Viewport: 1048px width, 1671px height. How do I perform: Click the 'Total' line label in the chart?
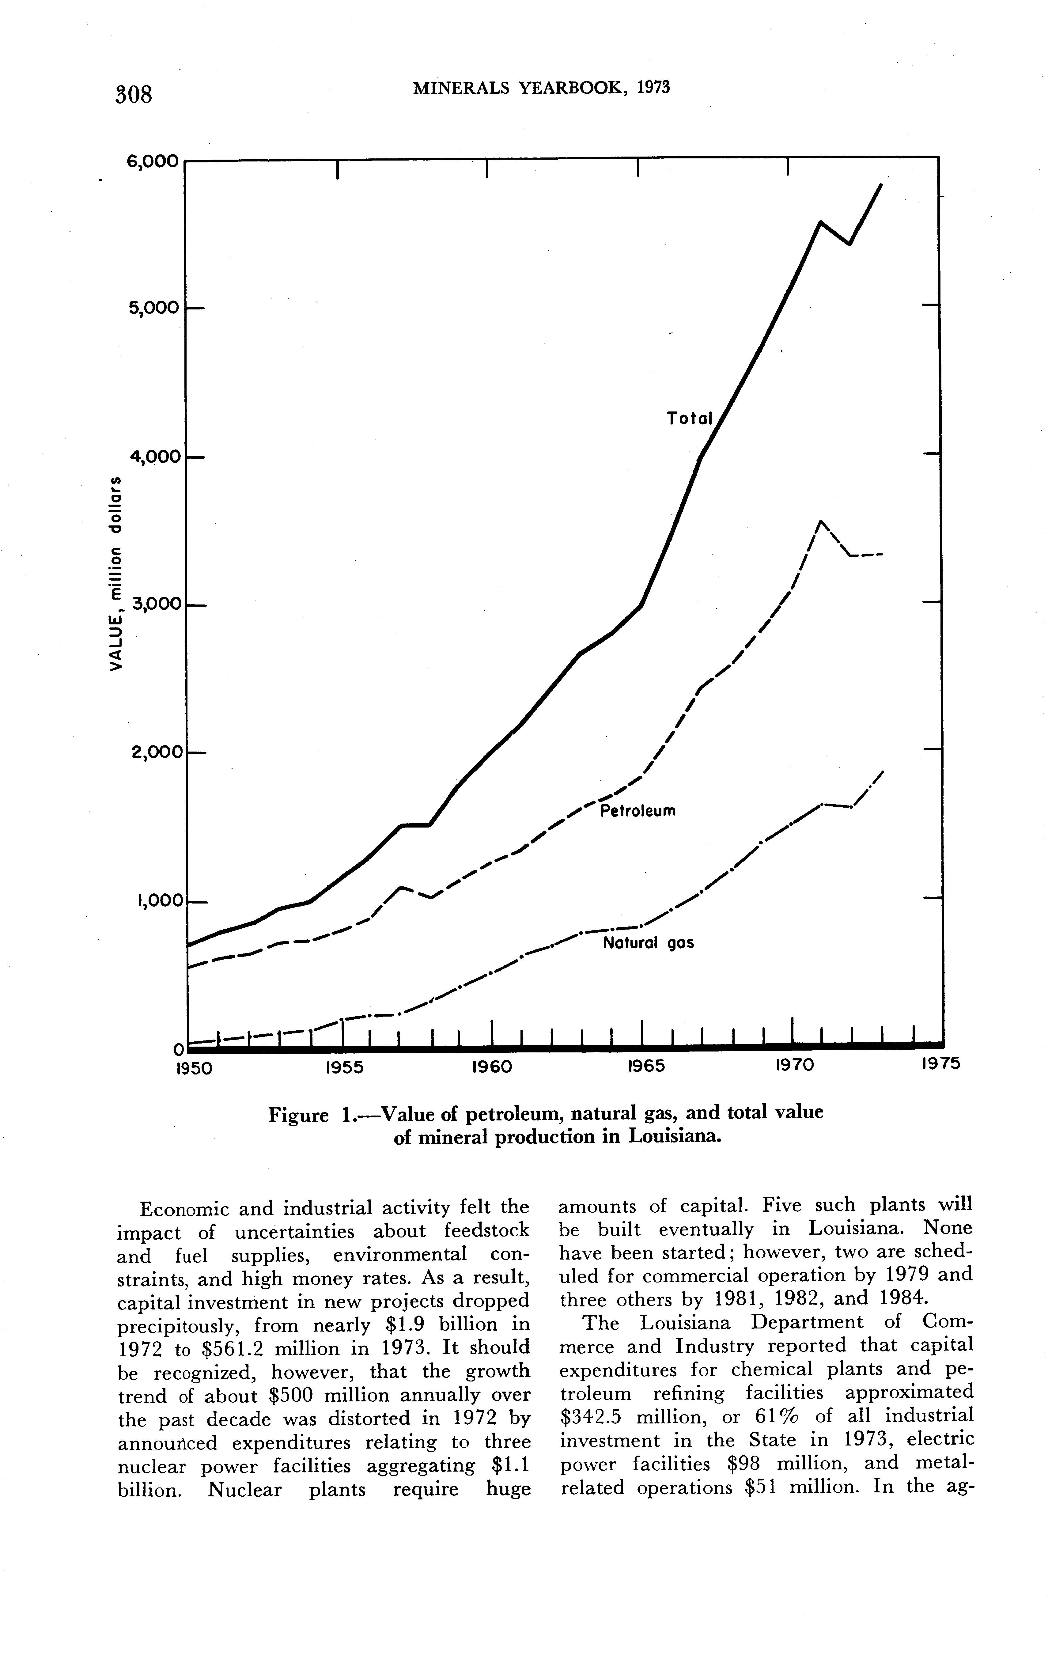click(690, 419)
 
